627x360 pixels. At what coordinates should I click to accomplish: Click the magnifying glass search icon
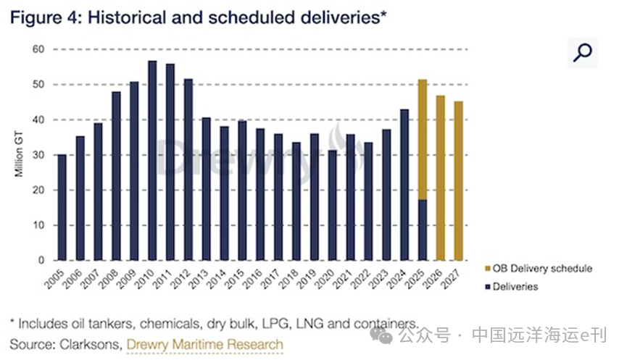(582, 52)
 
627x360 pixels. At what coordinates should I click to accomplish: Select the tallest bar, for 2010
(152, 161)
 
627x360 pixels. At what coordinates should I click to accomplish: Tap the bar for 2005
(62, 207)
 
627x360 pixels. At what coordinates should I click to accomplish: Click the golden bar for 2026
(440, 177)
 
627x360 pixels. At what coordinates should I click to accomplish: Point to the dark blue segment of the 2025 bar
(422, 230)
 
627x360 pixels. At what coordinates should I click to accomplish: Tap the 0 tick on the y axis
(41, 260)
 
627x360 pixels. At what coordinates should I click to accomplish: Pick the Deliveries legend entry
(515, 286)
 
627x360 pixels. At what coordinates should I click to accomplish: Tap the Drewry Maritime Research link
(204, 343)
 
